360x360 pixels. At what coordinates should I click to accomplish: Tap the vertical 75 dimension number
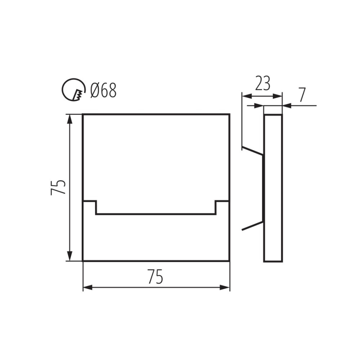pos(58,187)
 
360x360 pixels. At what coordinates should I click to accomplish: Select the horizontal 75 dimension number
pos(155,277)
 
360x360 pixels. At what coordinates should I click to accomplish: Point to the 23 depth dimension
pos(262,84)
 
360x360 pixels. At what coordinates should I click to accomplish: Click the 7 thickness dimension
pos(302,95)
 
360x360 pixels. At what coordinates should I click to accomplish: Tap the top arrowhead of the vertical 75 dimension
pos(70,119)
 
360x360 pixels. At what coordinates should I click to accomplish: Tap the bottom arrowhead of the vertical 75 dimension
pos(70,256)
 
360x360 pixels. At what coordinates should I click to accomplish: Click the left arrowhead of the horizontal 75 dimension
pos(88,287)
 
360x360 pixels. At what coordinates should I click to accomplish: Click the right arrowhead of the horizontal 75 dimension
pos(225,287)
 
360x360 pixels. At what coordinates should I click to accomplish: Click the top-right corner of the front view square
pos(229,114)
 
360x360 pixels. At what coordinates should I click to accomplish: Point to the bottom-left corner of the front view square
pos(83,261)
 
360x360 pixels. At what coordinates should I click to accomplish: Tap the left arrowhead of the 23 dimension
pos(246,96)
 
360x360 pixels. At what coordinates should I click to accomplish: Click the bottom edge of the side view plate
pos(273,262)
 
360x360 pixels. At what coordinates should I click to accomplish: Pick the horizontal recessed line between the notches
pos(156,214)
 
